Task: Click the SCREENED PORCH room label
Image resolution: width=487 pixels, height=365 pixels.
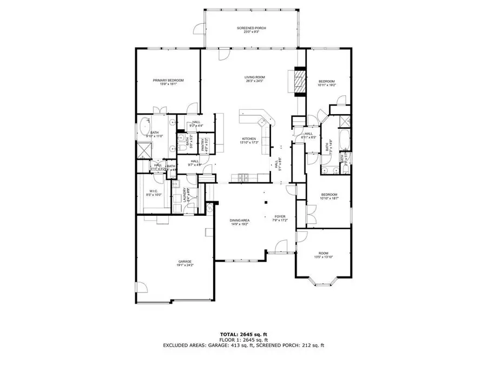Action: [251, 28]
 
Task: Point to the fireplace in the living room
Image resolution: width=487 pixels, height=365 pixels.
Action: [299, 81]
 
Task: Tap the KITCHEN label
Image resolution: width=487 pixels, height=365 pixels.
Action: [248, 139]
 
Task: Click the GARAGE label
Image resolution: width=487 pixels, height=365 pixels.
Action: [185, 261]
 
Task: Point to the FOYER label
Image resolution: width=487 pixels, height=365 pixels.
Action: [280, 217]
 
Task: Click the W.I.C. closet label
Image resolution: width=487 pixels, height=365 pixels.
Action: [153, 191]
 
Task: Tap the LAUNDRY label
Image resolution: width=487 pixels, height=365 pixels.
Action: [185, 195]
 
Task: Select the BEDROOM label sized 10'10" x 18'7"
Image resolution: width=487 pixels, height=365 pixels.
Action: [329, 195]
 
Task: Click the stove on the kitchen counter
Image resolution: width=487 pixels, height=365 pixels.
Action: [242, 177]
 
